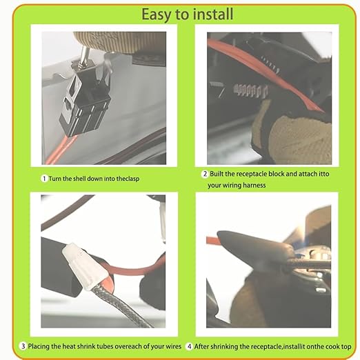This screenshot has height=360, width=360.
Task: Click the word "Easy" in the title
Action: (157, 14)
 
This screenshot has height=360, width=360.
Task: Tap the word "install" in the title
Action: (213, 14)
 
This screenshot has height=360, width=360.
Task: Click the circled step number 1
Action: (44, 179)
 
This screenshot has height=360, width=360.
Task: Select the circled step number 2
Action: (205, 174)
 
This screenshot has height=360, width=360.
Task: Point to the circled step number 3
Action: (23, 346)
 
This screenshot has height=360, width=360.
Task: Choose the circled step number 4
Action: (189, 346)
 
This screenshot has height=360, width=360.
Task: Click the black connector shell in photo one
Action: (85, 99)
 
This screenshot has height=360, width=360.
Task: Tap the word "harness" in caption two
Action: (254, 186)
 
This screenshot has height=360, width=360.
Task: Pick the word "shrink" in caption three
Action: (86, 346)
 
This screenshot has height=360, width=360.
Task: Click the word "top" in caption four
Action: (346, 347)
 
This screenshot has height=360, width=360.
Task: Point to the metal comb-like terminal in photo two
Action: (250, 90)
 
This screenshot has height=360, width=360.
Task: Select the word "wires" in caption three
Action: (174, 346)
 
